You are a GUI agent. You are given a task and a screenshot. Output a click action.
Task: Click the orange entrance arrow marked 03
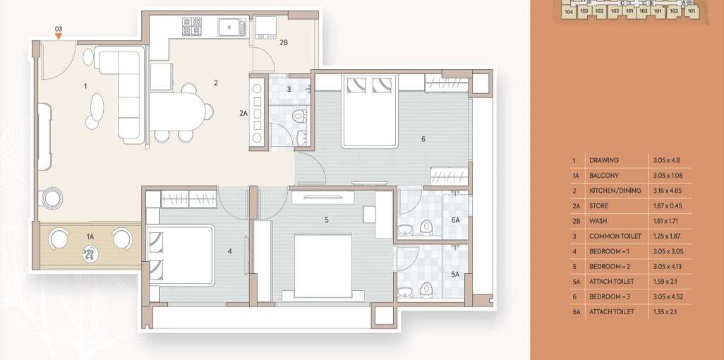point(59,35)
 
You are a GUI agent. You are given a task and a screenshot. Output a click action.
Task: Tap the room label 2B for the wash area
point(284,42)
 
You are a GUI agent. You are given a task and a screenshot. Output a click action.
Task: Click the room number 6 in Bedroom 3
point(423,139)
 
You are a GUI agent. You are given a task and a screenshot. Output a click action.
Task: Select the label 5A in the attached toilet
point(455,274)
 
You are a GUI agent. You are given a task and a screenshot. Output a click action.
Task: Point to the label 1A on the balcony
point(90,236)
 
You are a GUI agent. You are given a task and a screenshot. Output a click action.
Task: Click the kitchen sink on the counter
point(231,28)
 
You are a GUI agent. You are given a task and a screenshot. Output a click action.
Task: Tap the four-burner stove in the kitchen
point(192,27)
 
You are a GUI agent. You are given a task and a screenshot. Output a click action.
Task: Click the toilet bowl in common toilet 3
point(299,115)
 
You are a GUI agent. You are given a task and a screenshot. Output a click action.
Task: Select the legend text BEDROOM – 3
point(611,296)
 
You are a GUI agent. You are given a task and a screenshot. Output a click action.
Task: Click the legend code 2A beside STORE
point(576,206)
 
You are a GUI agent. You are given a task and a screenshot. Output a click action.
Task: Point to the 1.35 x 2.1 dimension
point(665,311)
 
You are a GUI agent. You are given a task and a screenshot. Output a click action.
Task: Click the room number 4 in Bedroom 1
point(229,251)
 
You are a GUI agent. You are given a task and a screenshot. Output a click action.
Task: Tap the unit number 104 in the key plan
point(568,11)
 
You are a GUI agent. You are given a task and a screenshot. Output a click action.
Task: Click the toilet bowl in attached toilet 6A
point(426,226)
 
